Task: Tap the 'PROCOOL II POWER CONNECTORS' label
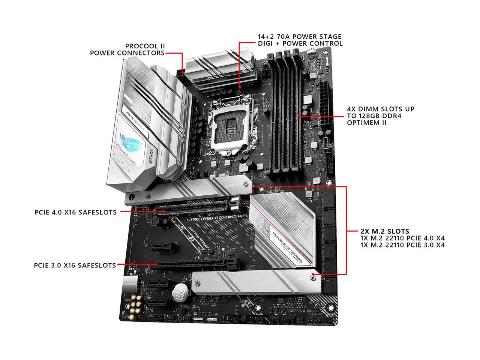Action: (127, 49)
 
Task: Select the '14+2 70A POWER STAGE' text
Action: (300, 37)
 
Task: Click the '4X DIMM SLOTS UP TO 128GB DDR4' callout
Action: (381, 112)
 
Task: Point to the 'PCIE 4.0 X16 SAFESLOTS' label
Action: (75, 212)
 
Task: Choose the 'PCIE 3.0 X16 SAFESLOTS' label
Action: (75, 265)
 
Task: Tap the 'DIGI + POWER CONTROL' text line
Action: (300, 43)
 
